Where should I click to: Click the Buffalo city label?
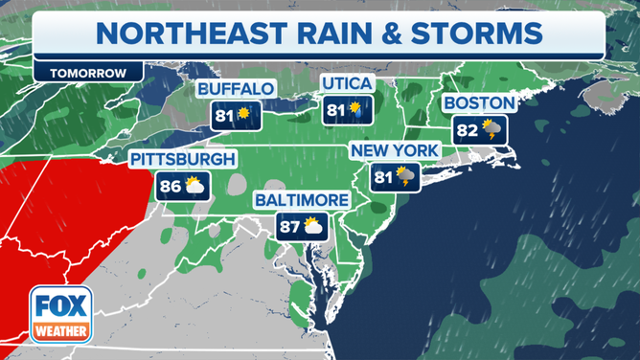236,89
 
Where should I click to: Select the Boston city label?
479,103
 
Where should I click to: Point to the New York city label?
394,151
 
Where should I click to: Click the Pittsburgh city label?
182,159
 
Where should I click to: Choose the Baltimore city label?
303,200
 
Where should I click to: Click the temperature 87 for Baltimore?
289,227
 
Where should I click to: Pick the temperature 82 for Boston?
467,129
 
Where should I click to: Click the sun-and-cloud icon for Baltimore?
313,227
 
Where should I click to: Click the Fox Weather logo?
60,315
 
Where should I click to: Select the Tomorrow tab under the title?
87,73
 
